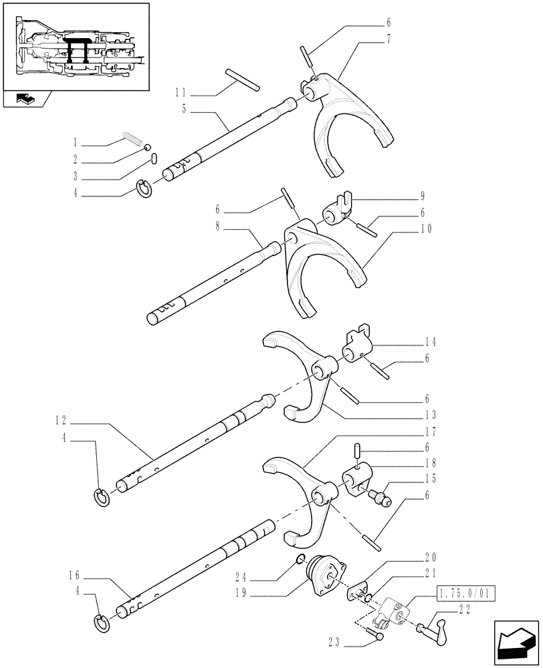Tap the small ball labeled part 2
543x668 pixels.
[148, 149]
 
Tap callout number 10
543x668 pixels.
[427, 228]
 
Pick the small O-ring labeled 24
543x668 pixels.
[302, 559]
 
